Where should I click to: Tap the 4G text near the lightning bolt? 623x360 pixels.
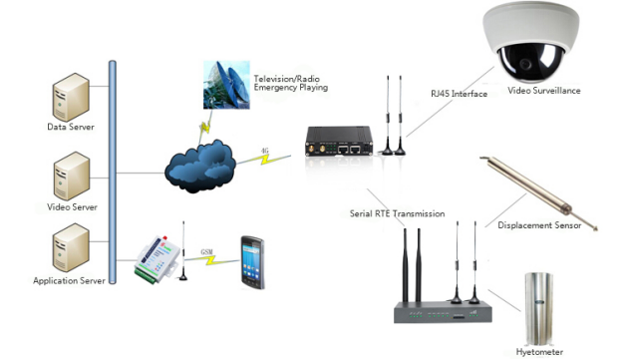(264, 153)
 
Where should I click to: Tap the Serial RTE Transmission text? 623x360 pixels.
(397, 212)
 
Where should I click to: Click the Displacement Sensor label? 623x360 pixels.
(540, 225)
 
